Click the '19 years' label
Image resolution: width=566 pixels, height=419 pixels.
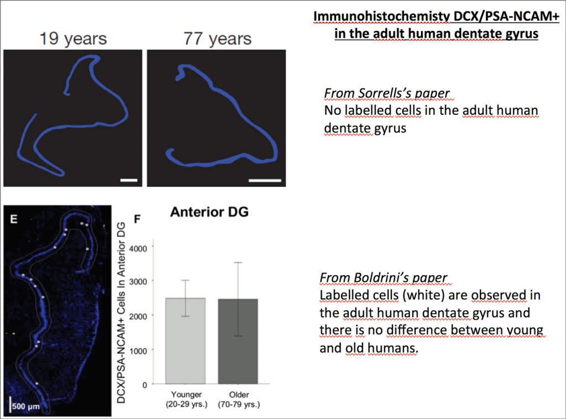coord(73,39)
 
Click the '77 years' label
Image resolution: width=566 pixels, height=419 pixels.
coord(217,39)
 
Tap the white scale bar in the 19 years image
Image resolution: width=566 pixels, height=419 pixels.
coord(129,180)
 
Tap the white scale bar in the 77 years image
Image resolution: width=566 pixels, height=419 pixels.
coord(265,180)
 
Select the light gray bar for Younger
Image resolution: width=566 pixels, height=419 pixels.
coord(185,341)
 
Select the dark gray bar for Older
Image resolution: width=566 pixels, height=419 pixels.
coord(238,342)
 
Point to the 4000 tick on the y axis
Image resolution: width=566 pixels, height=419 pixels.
coord(139,249)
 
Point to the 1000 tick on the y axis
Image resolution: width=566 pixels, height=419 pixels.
coord(139,351)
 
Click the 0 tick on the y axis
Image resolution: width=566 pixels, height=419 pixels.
coord(145,385)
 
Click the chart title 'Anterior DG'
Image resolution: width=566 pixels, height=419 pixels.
coord(209,212)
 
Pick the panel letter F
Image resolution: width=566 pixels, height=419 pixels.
coord(137,219)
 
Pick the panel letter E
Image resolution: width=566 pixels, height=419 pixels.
coord(14,219)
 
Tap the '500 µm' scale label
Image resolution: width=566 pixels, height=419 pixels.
coord(26,406)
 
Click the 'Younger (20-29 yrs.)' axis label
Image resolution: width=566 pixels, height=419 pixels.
coord(187,399)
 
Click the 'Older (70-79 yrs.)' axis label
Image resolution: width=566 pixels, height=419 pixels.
coord(239,399)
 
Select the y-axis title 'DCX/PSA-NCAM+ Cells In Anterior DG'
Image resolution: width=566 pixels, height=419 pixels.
coord(121,312)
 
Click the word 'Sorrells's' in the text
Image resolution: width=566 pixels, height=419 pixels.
coord(385,93)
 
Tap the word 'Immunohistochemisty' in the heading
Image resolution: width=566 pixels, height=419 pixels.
coord(381,17)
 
